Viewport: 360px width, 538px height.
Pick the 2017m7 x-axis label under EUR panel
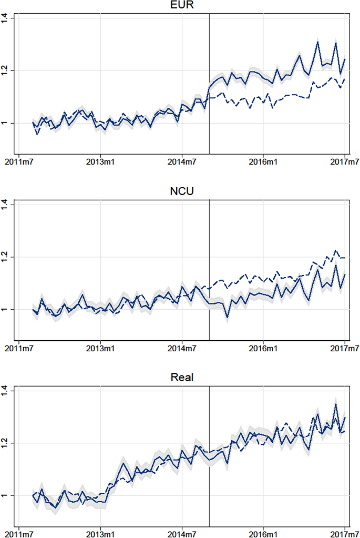344,160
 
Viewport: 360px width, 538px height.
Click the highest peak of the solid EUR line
317,42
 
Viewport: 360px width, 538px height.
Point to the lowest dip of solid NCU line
227,318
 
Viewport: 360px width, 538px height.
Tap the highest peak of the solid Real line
336,404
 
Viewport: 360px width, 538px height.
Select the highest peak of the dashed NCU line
335,250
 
